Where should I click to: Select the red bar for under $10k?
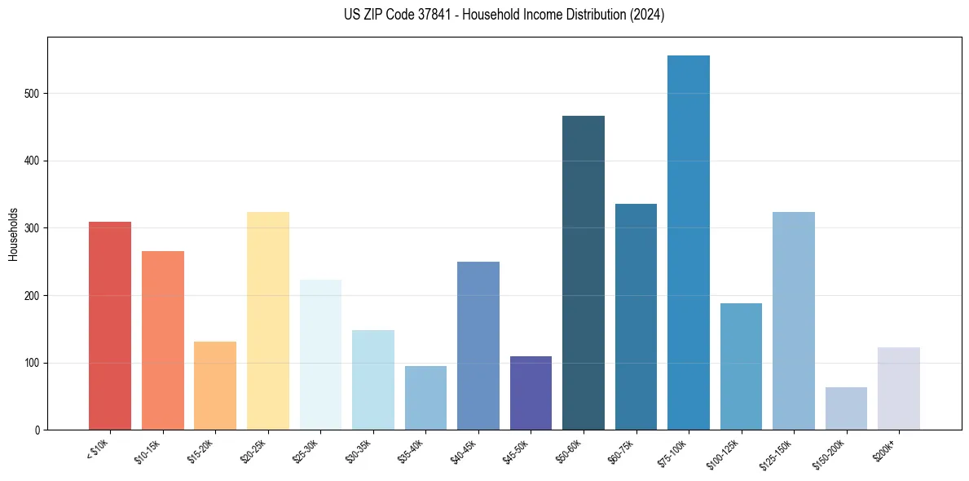pyautogui.click(x=110, y=326)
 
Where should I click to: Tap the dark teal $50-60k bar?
pyautogui.click(x=584, y=273)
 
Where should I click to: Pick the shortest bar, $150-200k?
pyautogui.click(x=846, y=408)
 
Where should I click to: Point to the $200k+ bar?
pyautogui.click(x=899, y=389)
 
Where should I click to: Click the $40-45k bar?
pyautogui.click(x=478, y=346)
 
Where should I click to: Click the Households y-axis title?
pyautogui.click(x=14, y=233)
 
